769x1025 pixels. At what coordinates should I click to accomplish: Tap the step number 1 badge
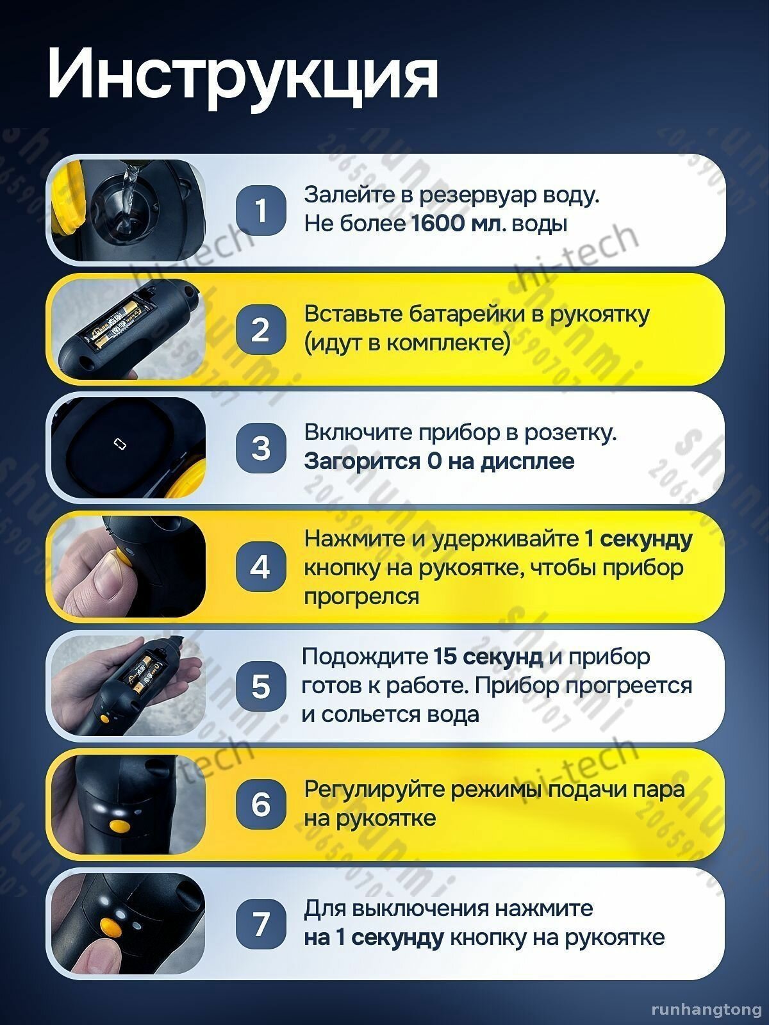coord(261,210)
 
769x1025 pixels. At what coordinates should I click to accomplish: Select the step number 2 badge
coord(261,329)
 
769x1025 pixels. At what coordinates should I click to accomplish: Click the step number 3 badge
coord(261,448)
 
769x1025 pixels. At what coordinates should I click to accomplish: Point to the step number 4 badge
coord(261,567)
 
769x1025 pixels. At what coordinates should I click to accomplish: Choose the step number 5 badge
coord(261,686)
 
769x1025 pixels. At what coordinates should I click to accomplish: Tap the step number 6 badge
coord(261,805)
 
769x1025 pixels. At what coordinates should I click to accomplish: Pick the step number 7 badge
coord(261,924)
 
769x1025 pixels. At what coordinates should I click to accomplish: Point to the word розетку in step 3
coord(570,434)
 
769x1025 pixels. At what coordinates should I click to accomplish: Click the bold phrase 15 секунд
coord(488,657)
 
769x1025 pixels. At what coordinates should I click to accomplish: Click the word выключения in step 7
coord(420,909)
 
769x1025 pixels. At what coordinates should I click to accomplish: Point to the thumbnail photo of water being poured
coord(128,210)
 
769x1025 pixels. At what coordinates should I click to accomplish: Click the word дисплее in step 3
coord(527,462)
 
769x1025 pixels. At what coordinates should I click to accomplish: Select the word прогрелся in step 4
coord(362,596)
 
